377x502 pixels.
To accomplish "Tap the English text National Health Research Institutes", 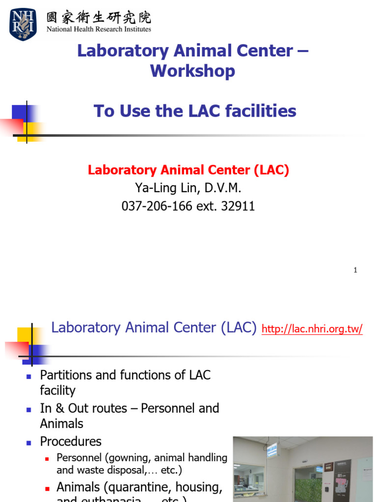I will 99,29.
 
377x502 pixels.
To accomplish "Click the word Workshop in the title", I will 192,71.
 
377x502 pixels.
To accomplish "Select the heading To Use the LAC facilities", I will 195,111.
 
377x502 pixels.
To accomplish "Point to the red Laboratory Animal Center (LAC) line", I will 188,170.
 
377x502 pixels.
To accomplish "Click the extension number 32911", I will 238,206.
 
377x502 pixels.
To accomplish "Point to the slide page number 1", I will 355,270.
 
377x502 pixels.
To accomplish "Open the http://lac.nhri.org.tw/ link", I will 312,329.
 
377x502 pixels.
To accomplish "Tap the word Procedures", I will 71,441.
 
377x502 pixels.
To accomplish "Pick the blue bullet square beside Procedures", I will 28,442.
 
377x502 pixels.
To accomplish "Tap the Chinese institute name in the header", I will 99,17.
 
